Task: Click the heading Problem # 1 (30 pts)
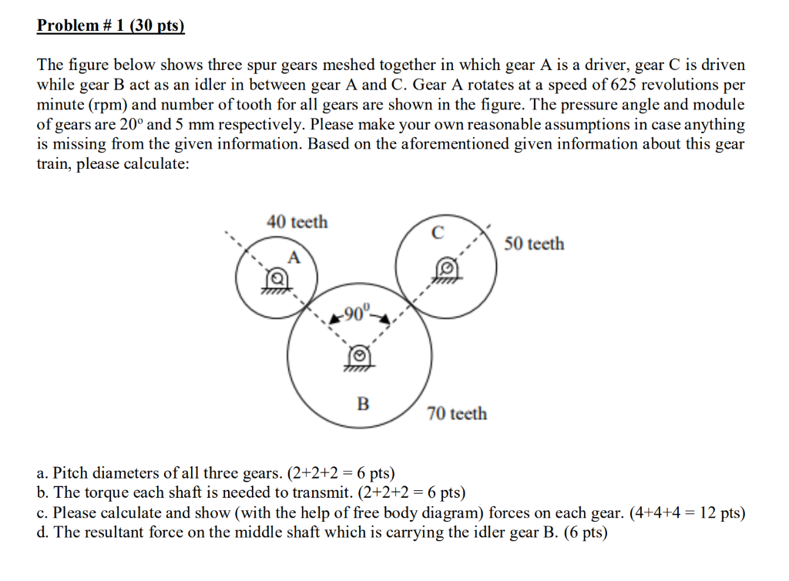[112, 26]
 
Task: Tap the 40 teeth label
[297, 222]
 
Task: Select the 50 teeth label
[534, 243]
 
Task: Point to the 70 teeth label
[457, 414]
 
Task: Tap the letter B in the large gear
[363, 403]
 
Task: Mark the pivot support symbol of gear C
[445, 270]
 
